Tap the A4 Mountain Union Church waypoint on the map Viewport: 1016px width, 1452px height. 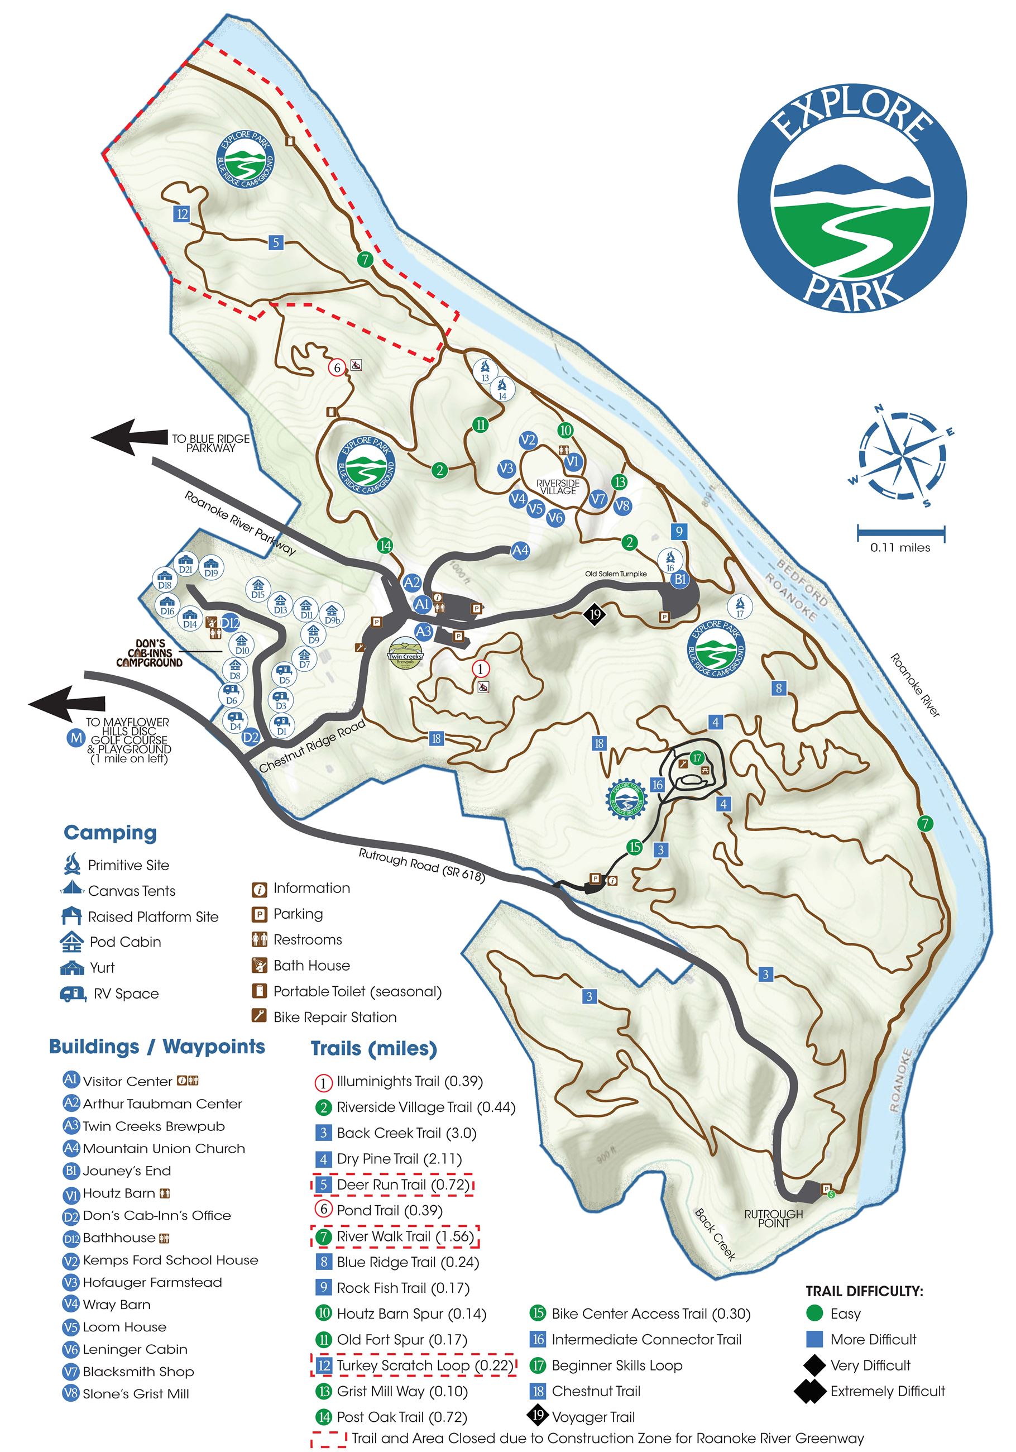click(x=520, y=550)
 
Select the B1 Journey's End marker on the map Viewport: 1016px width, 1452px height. click(x=679, y=579)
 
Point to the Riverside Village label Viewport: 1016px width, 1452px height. click(x=558, y=487)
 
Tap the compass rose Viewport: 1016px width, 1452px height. click(x=902, y=455)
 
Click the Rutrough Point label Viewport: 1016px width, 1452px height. click(x=773, y=1219)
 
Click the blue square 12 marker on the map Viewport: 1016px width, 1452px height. click(x=182, y=214)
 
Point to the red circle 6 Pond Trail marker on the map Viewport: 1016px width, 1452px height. click(x=337, y=367)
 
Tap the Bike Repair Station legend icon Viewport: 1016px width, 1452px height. click(x=258, y=1016)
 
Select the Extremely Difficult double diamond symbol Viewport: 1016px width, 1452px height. click(x=811, y=1391)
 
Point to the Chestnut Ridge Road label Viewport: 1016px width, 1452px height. click(x=312, y=747)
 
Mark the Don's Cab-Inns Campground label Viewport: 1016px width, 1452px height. click(x=150, y=653)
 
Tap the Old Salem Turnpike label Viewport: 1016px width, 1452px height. click(x=616, y=574)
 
